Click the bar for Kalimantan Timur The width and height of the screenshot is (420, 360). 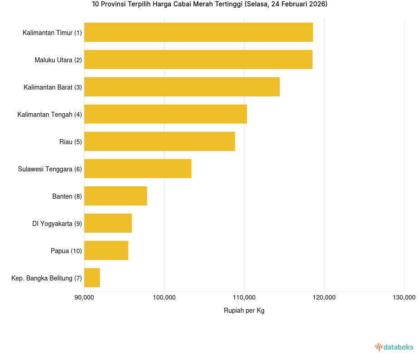[198, 32]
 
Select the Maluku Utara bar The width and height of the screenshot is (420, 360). [198, 60]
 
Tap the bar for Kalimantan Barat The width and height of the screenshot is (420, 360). [182, 87]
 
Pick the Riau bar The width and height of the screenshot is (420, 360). [159, 141]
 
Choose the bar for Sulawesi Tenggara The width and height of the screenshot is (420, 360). [138, 169]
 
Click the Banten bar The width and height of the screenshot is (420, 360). [115, 196]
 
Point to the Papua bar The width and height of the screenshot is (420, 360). [106, 250]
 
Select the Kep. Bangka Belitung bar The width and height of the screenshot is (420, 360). [92, 278]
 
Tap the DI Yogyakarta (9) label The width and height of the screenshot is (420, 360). [57, 224]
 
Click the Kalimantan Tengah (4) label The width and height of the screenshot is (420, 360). [49, 115]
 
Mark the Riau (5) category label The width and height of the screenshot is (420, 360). [70, 142]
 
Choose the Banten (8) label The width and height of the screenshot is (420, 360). [67, 196]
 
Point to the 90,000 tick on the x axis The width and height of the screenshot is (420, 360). [84, 298]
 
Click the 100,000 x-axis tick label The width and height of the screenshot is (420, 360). [164, 298]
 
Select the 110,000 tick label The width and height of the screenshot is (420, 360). [244, 298]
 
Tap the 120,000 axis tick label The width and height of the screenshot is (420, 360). [324, 298]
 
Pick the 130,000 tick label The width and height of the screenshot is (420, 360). [404, 298]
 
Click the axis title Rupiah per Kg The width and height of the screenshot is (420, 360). [244, 310]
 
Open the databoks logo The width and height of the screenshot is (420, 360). [394, 347]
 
